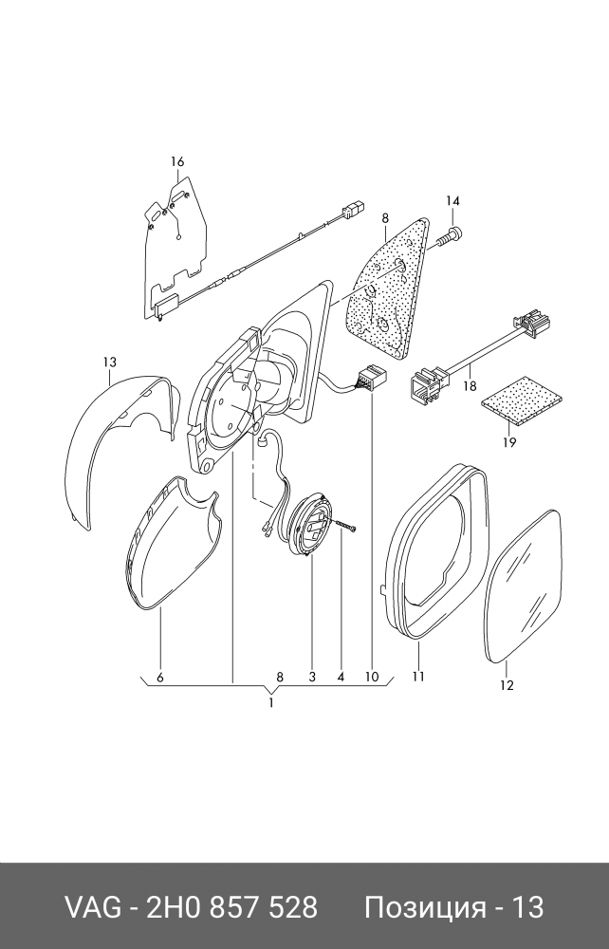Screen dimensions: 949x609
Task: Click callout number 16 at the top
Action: point(177,162)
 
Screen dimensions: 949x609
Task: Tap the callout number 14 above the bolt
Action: point(452,200)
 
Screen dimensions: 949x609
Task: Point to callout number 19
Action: point(508,442)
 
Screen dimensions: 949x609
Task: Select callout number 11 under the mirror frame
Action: point(418,677)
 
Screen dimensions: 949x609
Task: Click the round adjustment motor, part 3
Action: point(311,526)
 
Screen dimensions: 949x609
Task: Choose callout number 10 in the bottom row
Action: point(370,678)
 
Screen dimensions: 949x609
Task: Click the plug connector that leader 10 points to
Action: point(368,380)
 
